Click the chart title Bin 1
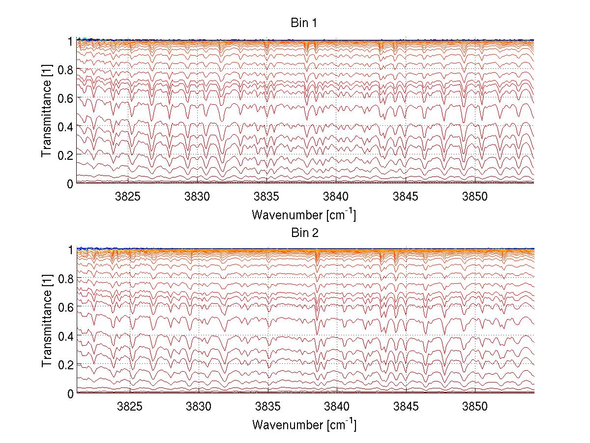[x=305, y=23]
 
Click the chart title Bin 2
[x=305, y=233]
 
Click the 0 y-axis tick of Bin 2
[x=70, y=393]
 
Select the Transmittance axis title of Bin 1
[x=47, y=112]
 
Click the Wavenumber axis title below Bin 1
[x=304, y=214]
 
